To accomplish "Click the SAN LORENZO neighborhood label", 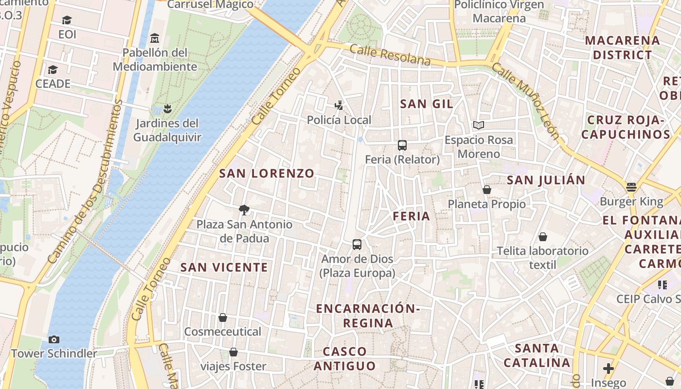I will click(267, 173).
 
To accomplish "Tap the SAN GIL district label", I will click(426, 104).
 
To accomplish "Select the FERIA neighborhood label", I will click(411, 216).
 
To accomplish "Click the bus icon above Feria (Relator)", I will click(402, 145).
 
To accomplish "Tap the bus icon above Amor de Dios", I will click(357, 244).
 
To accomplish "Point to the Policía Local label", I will click(339, 120).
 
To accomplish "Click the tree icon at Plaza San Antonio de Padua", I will click(244, 210).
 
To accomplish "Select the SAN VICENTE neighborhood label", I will click(224, 267).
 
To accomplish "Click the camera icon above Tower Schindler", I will click(54, 339).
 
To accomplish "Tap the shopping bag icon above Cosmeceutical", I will click(223, 318).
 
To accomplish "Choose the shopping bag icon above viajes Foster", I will click(233, 352).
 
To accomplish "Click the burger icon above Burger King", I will click(631, 187).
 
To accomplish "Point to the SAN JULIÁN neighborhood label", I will click(546, 180).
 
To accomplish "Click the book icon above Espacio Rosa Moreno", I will click(479, 125).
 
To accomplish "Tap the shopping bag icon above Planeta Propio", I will click(487, 190).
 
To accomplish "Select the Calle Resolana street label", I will click(390, 54).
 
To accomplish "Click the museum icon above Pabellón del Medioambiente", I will click(155, 38).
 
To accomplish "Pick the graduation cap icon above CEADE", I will click(53, 70).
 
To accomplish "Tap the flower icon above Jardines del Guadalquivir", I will click(167, 108).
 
